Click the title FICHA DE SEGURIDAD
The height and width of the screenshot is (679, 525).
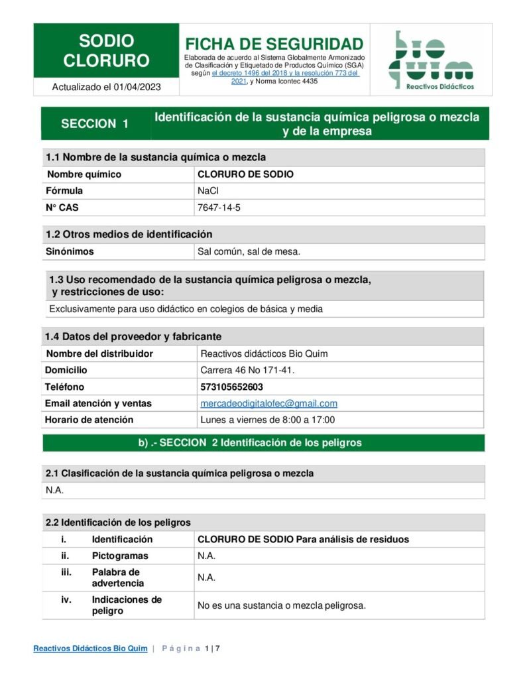coord(274,44)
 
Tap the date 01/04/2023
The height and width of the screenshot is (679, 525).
coord(137,87)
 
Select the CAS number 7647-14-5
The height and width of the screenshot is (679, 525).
coord(219,208)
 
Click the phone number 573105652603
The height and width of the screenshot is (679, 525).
coord(231,387)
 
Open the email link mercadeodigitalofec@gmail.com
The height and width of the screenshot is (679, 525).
coord(268,403)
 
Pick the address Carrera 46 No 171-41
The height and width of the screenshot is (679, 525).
coord(247,370)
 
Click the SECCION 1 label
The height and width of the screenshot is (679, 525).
coord(95,124)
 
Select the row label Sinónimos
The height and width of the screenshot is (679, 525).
coord(70,251)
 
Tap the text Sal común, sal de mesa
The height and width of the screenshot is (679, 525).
coord(249,251)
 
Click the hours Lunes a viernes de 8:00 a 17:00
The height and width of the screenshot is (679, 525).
coord(267,420)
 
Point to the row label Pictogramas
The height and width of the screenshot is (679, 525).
coord(120,556)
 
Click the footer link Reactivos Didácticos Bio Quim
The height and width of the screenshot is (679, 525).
coord(90,648)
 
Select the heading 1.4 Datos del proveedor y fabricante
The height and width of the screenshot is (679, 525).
coord(133,336)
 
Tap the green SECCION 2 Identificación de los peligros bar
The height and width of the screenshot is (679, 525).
coord(263,443)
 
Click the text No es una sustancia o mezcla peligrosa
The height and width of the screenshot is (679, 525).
coord(282,605)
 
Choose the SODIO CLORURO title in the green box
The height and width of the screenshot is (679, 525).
coord(106,51)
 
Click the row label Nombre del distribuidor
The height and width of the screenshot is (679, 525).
coord(99,353)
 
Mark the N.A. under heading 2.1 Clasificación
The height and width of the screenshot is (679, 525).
coord(54,490)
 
